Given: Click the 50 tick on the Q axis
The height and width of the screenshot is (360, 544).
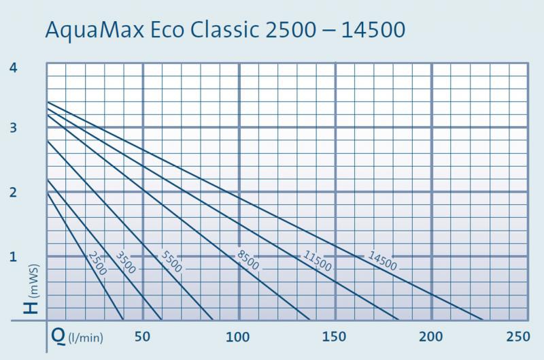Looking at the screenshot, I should [x=143, y=337].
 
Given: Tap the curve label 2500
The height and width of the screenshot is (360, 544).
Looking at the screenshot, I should [x=98, y=263].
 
